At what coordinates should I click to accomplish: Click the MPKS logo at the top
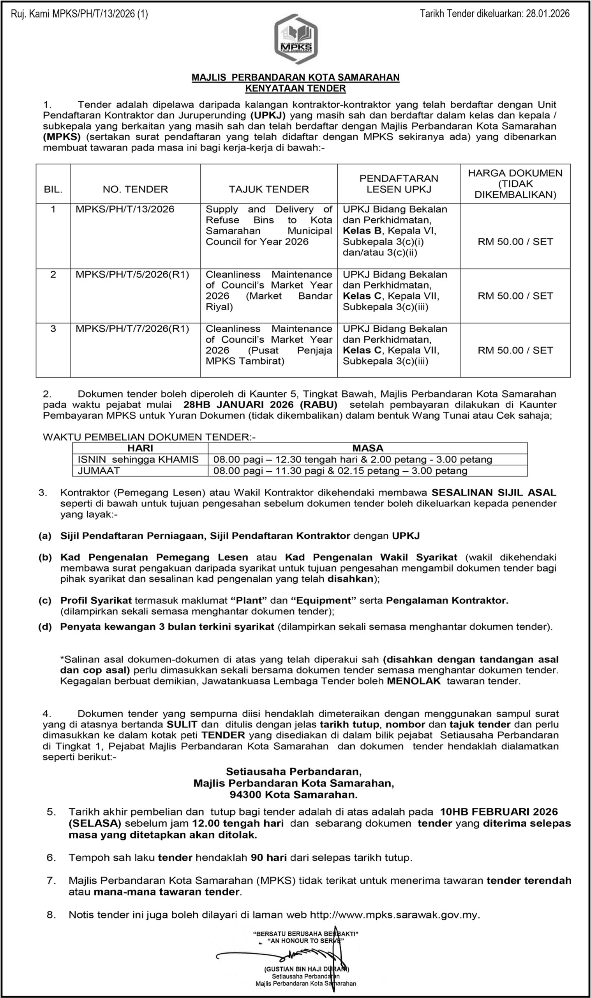(295, 39)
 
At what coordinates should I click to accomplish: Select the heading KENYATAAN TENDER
(295, 88)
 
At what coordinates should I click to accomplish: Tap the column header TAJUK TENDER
(269, 189)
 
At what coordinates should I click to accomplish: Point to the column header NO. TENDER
(135, 189)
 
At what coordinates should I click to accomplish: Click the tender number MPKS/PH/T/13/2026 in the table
(125, 210)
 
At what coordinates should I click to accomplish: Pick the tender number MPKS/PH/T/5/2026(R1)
(132, 275)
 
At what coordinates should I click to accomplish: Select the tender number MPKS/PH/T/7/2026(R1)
(132, 329)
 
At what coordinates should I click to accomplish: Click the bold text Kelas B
(362, 231)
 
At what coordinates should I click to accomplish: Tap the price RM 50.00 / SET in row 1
(515, 242)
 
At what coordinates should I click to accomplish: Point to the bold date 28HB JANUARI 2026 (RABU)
(260, 405)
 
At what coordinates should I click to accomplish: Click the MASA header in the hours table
(367, 448)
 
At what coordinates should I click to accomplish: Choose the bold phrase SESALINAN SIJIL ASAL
(494, 493)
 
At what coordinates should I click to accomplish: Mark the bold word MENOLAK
(414, 681)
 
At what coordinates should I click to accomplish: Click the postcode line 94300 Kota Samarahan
(293, 795)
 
